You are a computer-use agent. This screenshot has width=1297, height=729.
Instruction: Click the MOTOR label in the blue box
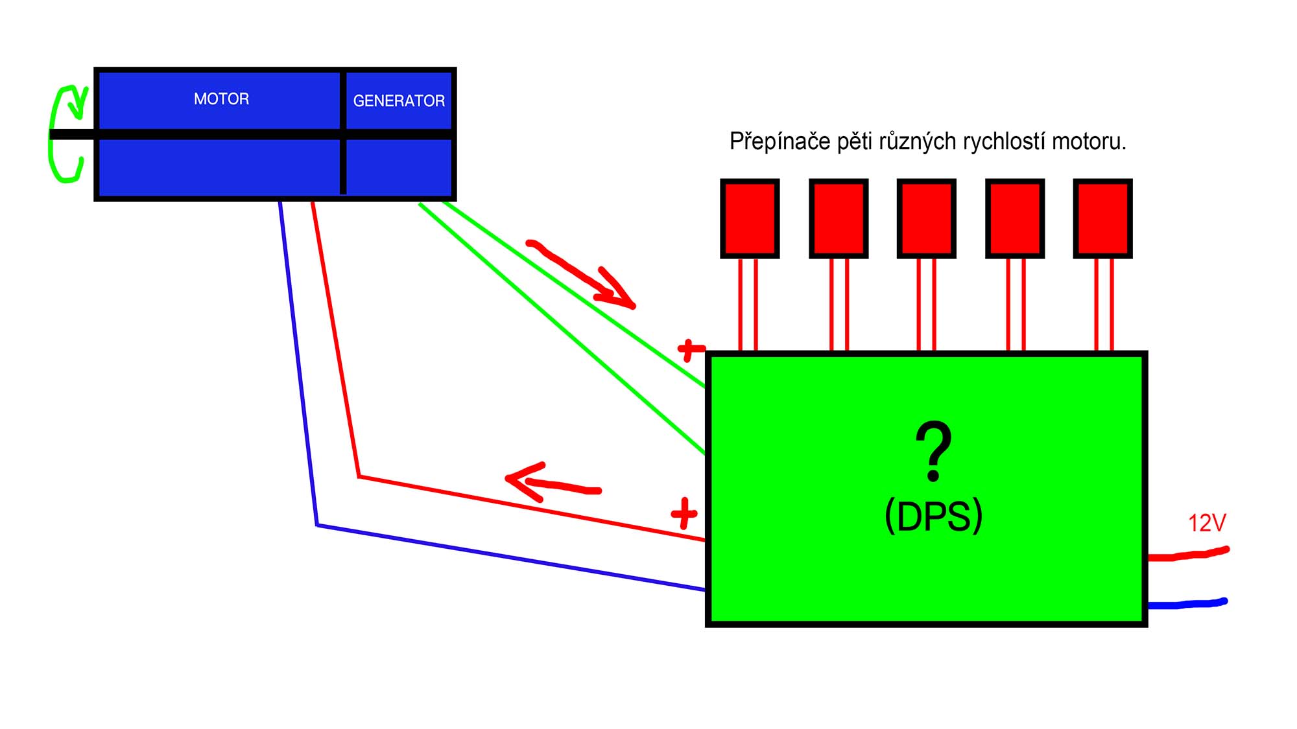point(221,98)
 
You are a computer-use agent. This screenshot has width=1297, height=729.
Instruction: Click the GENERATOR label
point(399,100)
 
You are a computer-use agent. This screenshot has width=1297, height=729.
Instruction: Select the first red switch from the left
point(750,218)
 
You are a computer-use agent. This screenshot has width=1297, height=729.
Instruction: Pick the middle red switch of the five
point(926,218)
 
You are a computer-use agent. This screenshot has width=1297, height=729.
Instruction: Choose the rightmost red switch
point(1102,218)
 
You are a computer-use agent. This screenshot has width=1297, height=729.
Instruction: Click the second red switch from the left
point(839,218)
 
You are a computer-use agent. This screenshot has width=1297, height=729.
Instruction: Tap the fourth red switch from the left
point(1015,218)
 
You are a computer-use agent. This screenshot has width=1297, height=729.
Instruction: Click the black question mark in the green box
point(934,451)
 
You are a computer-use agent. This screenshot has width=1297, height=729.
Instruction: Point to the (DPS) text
point(934,516)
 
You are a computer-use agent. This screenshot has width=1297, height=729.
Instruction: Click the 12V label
point(1207,523)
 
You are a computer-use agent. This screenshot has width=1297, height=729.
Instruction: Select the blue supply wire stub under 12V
point(1187,604)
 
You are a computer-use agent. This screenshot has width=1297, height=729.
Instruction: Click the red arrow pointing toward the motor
point(551,483)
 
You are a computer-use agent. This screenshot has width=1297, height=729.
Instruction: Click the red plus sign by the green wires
point(690,350)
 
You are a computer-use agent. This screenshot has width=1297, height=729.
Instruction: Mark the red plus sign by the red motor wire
point(684,514)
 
